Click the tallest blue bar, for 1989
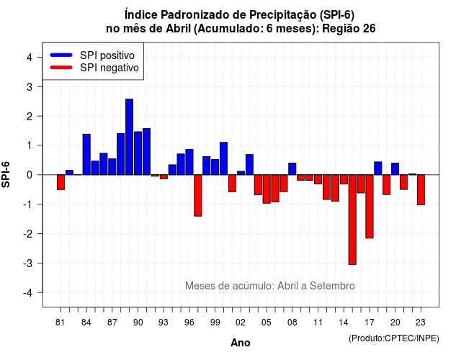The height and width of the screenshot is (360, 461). tap(129, 137)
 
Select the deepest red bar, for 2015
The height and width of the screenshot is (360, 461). tap(352, 220)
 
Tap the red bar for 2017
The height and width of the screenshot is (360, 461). tap(370, 207)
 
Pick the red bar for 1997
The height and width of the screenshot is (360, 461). tap(198, 196)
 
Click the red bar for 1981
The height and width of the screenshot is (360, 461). tap(61, 182)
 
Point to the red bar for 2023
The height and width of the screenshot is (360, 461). tap(421, 190)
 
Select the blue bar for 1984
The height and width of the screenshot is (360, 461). tap(86, 155)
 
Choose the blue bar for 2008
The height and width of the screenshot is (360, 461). tap(292, 169)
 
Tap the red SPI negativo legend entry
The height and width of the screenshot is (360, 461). tap(94, 68)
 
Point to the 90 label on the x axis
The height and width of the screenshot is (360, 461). tap(138, 323)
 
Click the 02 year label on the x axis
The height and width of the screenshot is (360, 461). tap(241, 323)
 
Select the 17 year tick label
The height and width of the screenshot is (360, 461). tap(370, 323)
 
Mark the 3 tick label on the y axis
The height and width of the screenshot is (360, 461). tap(30, 87)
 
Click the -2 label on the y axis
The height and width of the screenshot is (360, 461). tap(28, 234)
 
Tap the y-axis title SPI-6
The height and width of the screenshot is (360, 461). tap(6, 174)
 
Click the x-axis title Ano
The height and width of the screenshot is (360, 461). tap(241, 343)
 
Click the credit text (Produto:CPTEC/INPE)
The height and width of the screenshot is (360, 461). tap(394, 338)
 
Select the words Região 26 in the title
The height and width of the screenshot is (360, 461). tap(349, 29)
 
